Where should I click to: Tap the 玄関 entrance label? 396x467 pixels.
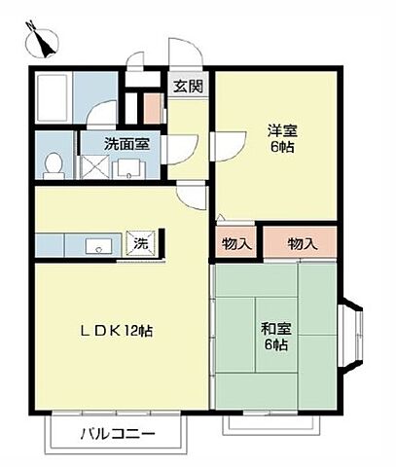[x=188, y=87]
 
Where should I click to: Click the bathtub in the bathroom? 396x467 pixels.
[x=53, y=97]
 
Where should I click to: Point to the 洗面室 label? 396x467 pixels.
[x=126, y=144]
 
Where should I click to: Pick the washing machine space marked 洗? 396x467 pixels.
[x=141, y=243]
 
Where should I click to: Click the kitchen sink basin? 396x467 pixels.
[x=98, y=246]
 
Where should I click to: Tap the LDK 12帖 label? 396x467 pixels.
[x=116, y=331]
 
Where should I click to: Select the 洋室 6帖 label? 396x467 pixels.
[x=282, y=139]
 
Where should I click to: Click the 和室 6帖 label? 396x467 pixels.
[x=276, y=337]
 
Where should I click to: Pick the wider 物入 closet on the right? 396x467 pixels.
[x=300, y=242]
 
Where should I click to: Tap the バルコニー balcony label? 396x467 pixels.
[x=118, y=434]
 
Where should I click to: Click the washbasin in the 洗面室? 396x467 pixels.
[x=129, y=169]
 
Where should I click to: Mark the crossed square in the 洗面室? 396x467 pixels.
[x=94, y=166]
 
